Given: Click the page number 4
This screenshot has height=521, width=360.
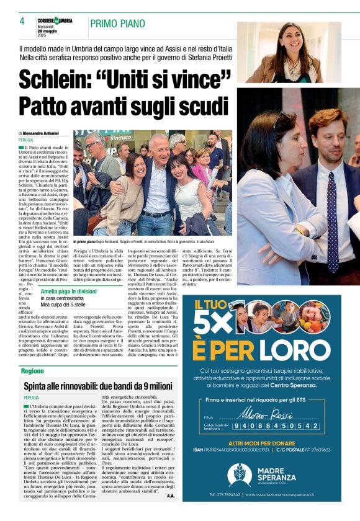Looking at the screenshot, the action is [22, 20].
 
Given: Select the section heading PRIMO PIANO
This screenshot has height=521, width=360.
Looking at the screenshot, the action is [115, 24].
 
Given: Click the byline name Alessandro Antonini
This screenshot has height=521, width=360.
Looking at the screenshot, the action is [41, 133].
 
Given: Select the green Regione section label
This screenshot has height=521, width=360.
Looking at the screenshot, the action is [32, 370].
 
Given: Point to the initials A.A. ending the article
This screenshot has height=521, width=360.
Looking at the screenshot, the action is [171, 496].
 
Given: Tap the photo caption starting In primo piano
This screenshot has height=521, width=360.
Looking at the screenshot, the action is [152, 241].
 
